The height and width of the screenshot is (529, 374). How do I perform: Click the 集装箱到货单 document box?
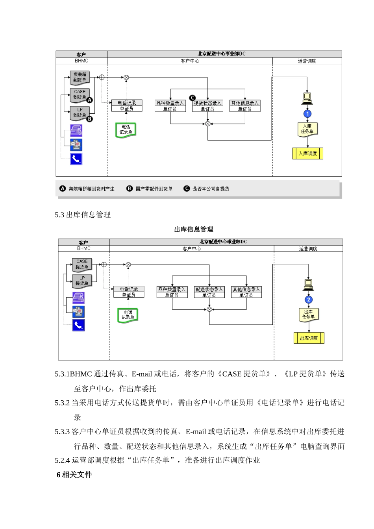tap(80, 77)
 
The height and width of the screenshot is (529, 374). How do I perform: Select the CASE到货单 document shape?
tap(80, 94)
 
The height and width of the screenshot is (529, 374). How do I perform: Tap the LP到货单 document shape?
tap(80, 113)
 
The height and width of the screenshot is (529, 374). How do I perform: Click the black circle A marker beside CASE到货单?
tap(90, 100)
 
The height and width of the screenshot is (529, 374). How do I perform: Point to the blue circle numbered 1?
tap(307, 114)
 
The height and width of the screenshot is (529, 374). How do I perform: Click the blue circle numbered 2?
tap(309, 300)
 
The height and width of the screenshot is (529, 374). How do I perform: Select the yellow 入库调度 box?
tap(307, 154)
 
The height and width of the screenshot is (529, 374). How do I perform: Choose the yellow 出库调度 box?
tap(309, 338)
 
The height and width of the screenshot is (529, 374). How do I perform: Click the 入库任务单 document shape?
tap(307, 129)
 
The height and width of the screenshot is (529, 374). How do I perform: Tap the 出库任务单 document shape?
tap(308, 314)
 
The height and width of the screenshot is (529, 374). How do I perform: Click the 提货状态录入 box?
tap(207, 106)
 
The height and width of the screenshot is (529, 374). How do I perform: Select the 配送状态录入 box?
tap(209, 292)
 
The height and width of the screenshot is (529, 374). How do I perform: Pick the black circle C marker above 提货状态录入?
tap(193, 98)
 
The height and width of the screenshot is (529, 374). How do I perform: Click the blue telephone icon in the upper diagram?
tap(76, 159)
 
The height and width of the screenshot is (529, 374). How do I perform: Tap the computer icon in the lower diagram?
tap(309, 284)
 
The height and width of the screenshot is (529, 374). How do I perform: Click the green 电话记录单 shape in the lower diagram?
tap(128, 315)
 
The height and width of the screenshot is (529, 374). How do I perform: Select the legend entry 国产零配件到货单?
tap(154, 189)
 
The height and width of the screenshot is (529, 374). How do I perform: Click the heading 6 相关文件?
tap(74, 475)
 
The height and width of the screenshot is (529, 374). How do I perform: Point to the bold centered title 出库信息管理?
tap(194, 229)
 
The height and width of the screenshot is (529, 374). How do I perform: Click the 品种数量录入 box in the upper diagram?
tap(170, 106)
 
